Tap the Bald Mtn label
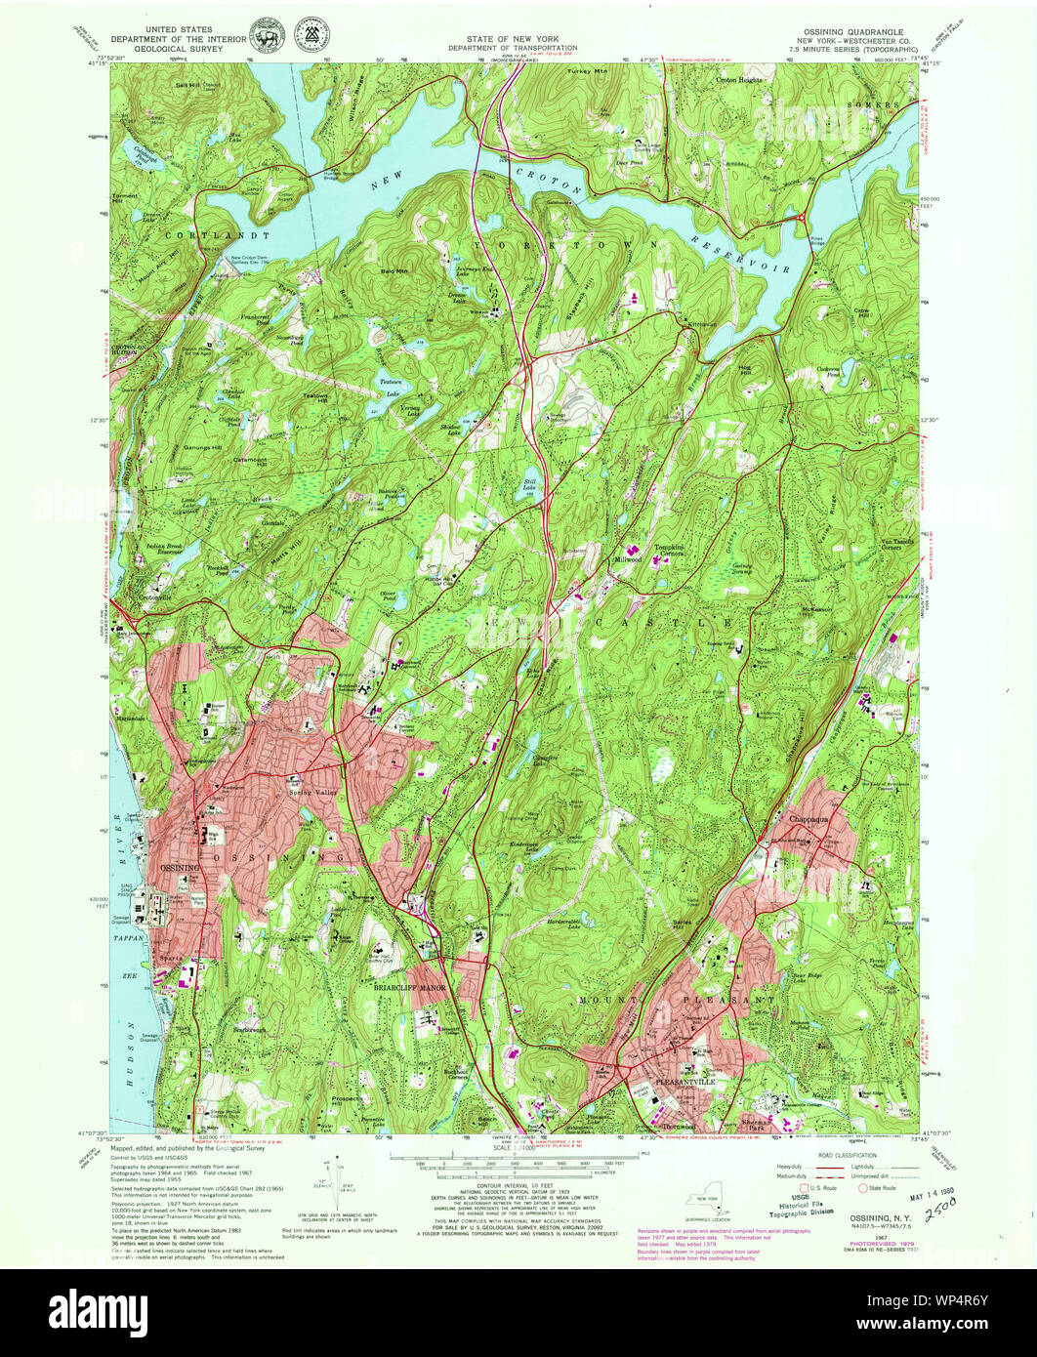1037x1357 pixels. pyautogui.click(x=394, y=267)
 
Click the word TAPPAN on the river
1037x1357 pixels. pyautogui.click(x=128, y=937)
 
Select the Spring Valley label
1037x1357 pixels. pyautogui.click(x=312, y=792)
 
